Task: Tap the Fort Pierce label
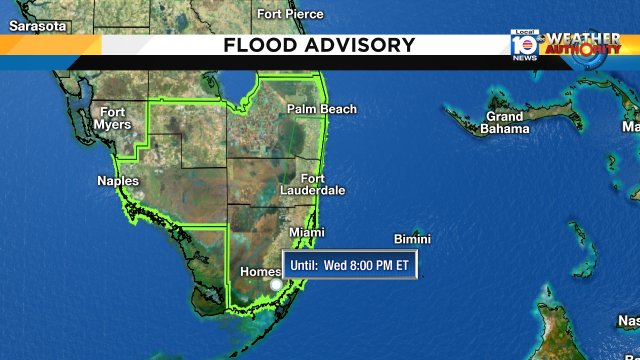[x=290, y=14]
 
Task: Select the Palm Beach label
[x=321, y=109]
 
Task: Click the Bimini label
[x=411, y=239]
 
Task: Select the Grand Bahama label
[x=505, y=123]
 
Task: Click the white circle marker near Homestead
[x=276, y=285]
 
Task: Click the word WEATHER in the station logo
[x=582, y=39]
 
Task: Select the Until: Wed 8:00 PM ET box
[x=350, y=265]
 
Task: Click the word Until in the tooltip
[x=304, y=265]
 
